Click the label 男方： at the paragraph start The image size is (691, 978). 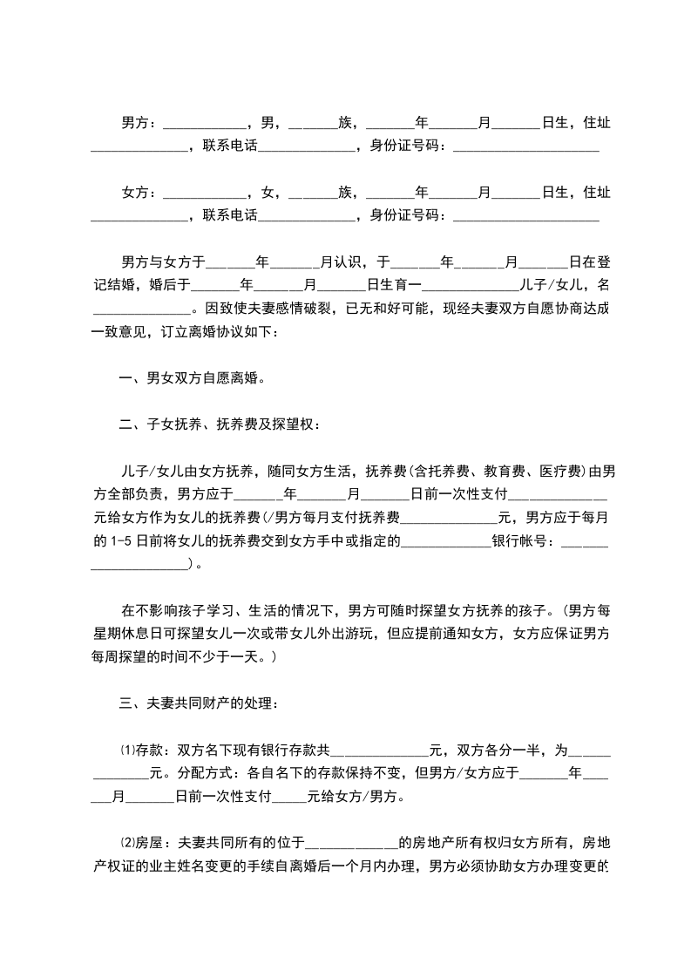139,123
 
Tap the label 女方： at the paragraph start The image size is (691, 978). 139,192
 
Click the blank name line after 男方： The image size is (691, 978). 205,125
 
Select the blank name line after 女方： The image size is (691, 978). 205,194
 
